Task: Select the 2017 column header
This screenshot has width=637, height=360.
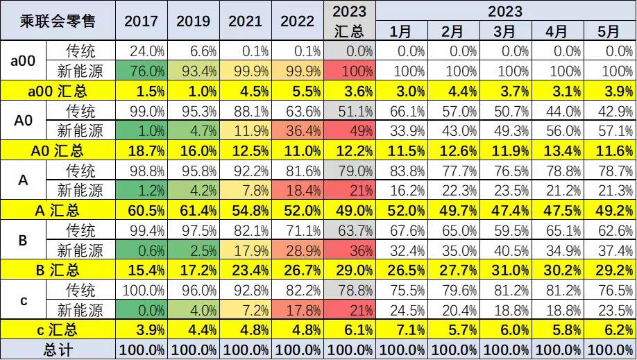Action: pos(141,21)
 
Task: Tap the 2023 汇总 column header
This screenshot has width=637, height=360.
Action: pos(350,21)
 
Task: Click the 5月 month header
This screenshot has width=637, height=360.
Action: pos(609,31)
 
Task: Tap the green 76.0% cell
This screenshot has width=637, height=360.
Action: pos(141,71)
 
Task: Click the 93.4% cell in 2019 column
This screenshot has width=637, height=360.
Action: pos(193,71)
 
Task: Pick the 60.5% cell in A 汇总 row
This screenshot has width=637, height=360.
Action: pos(141,209)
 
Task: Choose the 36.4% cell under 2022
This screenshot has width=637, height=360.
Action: pos(297,130)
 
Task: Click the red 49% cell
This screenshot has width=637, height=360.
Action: pos(350,130)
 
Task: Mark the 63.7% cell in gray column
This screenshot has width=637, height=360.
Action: pos(350,230)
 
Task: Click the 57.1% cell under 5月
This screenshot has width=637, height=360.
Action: pos(609,130)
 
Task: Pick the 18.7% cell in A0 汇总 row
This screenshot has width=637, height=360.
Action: pos(141,150)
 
